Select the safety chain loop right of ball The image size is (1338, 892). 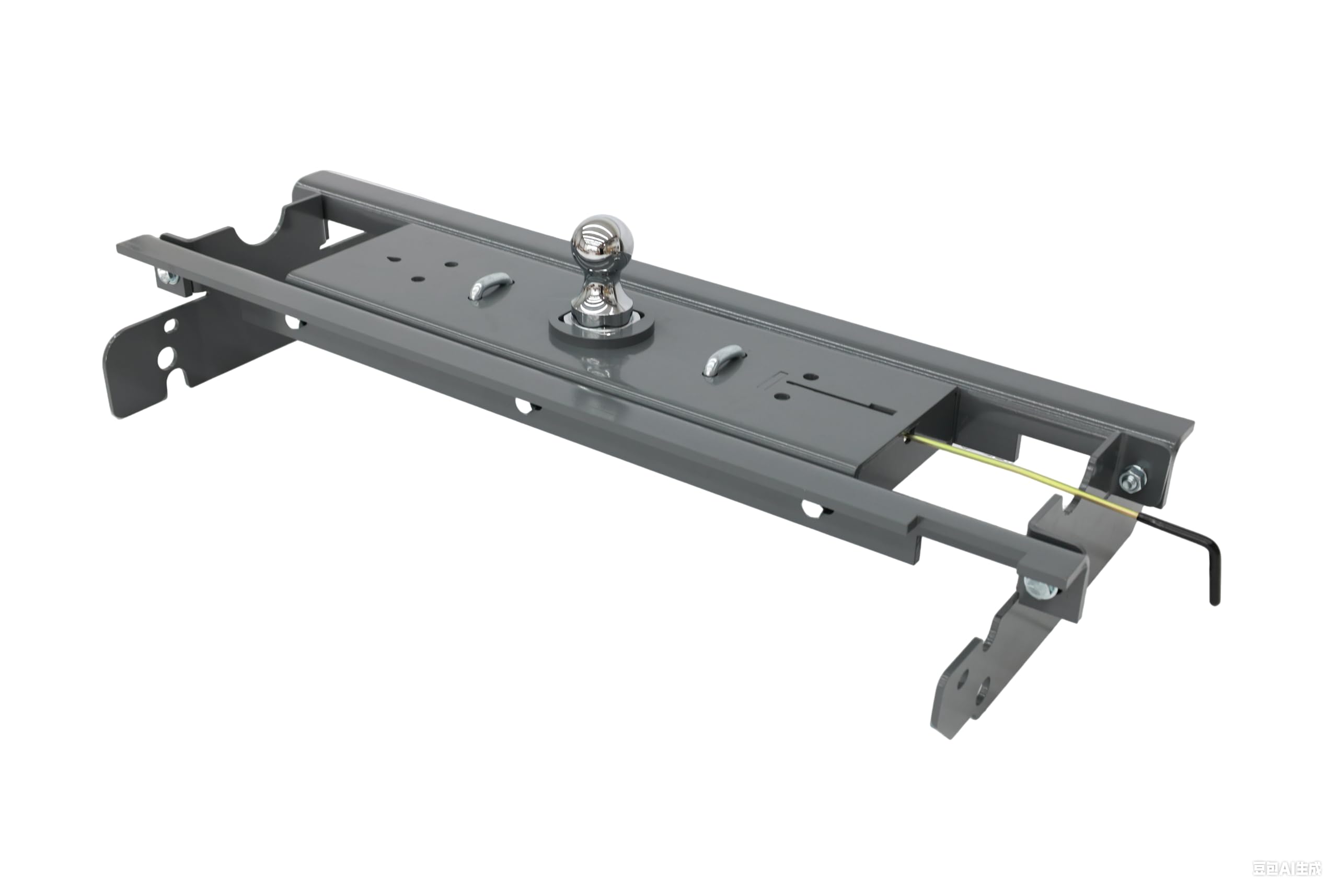coord(723,360)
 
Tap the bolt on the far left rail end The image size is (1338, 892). coord(168,277)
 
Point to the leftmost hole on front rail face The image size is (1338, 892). coord(293,322)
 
